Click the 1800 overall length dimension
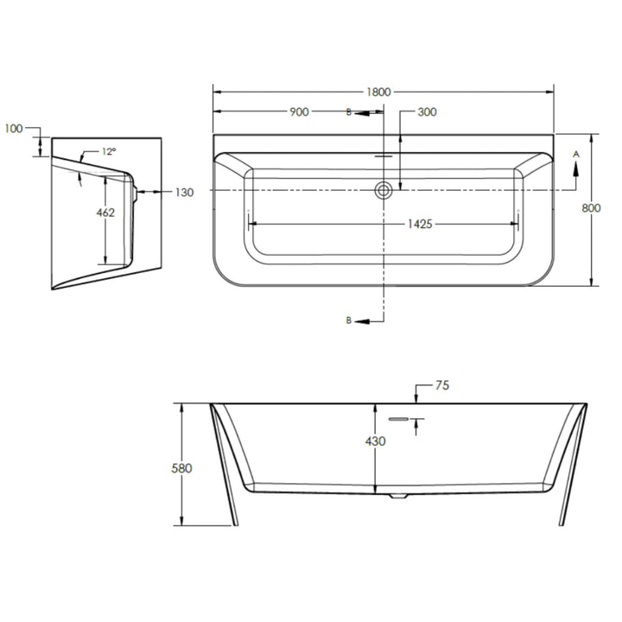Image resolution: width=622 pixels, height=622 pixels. [378, 92]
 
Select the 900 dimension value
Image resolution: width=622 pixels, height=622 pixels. [299, 112]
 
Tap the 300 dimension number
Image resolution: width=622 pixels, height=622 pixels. [428, 112]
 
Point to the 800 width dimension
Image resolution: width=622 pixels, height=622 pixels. [591, 208]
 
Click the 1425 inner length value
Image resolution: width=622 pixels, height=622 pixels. [420, 225]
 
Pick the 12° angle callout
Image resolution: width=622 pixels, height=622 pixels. [109, 151]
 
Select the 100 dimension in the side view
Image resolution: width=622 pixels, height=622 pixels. [14, 129]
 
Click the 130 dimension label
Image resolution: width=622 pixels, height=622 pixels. [185, 193]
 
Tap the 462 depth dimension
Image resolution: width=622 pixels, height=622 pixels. [105, 213]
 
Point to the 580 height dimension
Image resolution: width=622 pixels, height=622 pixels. [181, 468]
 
